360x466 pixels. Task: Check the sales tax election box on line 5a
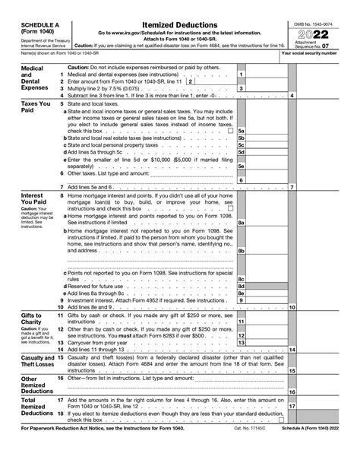click(x=230, y=132)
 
